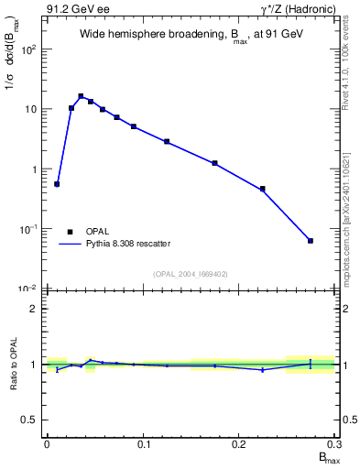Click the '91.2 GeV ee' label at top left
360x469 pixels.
(x=76, y=8)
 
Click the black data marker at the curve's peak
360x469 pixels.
(x=81, y=96)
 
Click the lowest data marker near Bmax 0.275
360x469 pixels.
(x=311, y=241)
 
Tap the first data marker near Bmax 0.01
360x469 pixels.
(x=57, y=184)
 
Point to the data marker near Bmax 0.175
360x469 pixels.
(x=214, y=163)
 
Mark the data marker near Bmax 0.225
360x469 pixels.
(x=263, y=189)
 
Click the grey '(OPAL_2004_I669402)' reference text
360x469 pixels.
(x=191, y=273)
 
